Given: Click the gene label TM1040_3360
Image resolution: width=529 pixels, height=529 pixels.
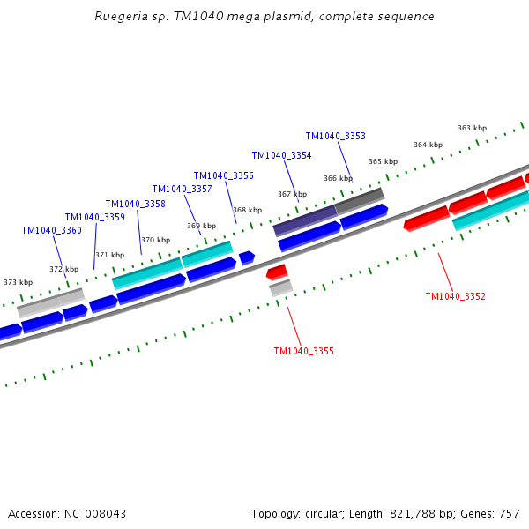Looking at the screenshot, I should [x=51, y=231].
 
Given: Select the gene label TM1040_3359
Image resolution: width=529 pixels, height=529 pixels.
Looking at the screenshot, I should [x=94, y=217].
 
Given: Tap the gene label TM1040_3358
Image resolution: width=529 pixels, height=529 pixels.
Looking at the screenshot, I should [x=135, y=204].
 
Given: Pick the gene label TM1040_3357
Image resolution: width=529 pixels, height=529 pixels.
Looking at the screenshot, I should [x=182, y=189].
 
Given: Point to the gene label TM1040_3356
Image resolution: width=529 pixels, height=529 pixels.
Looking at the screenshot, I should [x=223, y=175].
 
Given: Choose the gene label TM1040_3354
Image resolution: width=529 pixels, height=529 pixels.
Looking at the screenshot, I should [x=281, y=155].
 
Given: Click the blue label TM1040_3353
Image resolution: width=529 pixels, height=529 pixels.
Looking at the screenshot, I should [x=335, y=136].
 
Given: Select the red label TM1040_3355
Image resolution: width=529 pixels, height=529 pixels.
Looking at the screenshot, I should [x=303, y=351].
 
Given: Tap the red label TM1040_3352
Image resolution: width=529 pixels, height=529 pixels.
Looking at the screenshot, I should [x=455, y=296].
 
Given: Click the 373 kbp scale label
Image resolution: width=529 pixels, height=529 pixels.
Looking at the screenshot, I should [x=18, y=283].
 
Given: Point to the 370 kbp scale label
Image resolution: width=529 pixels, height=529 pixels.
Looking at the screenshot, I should [x=155, y=240].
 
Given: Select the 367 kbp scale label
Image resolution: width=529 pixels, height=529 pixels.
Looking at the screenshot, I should [x=292, y=194].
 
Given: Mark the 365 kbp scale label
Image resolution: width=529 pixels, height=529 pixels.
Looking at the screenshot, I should [x=383, y=161].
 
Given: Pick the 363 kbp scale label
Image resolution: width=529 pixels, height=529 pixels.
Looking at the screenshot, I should [x=472, y=128].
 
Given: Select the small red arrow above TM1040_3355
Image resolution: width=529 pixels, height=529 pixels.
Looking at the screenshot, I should [x=277, y=271].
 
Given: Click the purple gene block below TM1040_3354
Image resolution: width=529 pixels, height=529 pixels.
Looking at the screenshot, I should [x=305, y=220].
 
